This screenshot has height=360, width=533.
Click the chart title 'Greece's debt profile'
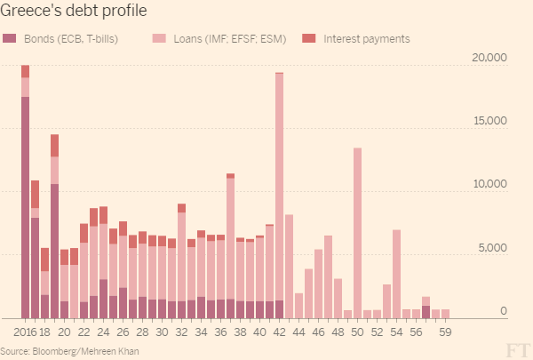point(74,12)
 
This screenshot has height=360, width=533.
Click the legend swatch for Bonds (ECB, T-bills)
point(9,38)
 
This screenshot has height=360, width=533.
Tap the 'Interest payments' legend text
point(367,38)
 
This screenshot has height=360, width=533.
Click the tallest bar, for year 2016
point(25,196)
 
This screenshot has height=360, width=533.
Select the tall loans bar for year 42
point(279,196)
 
